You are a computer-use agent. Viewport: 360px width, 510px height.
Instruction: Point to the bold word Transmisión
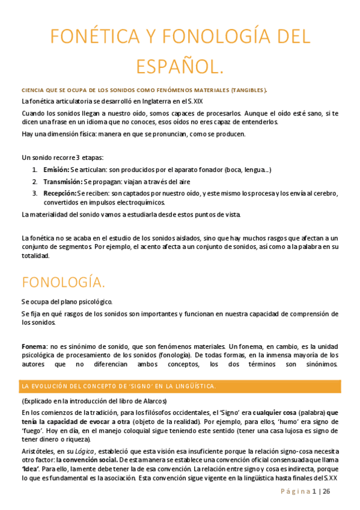(x=63, y=182)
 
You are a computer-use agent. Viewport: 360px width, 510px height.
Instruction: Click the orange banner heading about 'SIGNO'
(x=118, y=385)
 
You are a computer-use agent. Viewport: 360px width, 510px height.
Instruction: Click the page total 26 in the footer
(x=326, y=492)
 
